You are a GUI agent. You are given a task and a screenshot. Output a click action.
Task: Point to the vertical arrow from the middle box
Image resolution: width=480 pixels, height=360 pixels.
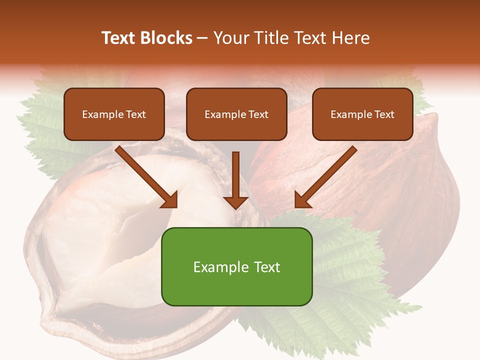[236, 175]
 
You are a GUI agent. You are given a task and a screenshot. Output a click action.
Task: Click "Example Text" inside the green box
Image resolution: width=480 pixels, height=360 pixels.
[236, 267]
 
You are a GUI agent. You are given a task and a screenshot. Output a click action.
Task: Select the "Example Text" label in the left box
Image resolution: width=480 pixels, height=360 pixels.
[114, 114]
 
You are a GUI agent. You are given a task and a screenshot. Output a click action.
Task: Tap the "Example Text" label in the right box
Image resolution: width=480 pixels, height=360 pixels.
[362, 114]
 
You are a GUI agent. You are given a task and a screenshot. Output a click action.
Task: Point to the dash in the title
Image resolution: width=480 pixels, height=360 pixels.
[202, 38]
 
